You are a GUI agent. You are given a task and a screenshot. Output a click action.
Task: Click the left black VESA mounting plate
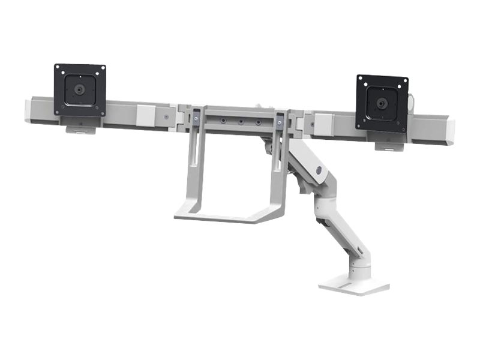[x=80, y=90]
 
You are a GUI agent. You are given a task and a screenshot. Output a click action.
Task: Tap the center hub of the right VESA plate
[x=382, y=103]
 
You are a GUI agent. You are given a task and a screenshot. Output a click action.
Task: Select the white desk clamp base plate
[x=354, y=284]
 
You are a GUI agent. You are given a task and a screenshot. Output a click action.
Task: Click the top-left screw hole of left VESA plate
[x=58, y=67]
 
